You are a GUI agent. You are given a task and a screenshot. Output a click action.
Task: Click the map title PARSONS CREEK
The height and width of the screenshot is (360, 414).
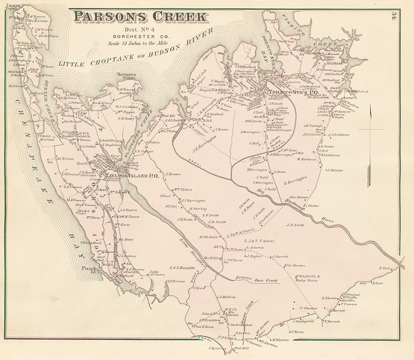tap(140, 17)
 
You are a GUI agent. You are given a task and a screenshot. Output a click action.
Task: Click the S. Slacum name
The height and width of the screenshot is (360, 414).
tap(331, 298)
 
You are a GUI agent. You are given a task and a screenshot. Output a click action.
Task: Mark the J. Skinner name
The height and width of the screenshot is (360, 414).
tap(335, 170)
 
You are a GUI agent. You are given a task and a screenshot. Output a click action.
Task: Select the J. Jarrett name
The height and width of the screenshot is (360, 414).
tap(280, 257)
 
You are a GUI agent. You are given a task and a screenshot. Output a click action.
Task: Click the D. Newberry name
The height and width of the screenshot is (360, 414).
tap(306, 159)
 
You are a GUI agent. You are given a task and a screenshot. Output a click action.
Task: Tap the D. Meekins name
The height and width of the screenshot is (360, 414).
tap(227, 297)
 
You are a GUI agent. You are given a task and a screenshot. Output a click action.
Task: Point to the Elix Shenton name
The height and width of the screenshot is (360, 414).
tap(294, 265)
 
